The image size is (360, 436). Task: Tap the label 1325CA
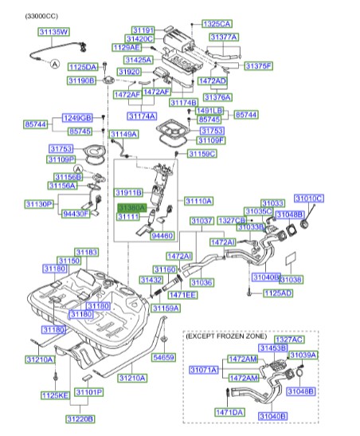tap(216, 25)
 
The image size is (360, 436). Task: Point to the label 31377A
tap(224, 37)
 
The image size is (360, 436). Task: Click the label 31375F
tap(258, 65)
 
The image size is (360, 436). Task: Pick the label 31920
tap(131, 72)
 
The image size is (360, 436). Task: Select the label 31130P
tap(38, 204)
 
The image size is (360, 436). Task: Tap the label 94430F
tap(77, 213)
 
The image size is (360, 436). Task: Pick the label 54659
tap(163, 358)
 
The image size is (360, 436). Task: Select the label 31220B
tap(80, 418)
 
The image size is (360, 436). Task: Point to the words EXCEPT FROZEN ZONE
tap(226, 337)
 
